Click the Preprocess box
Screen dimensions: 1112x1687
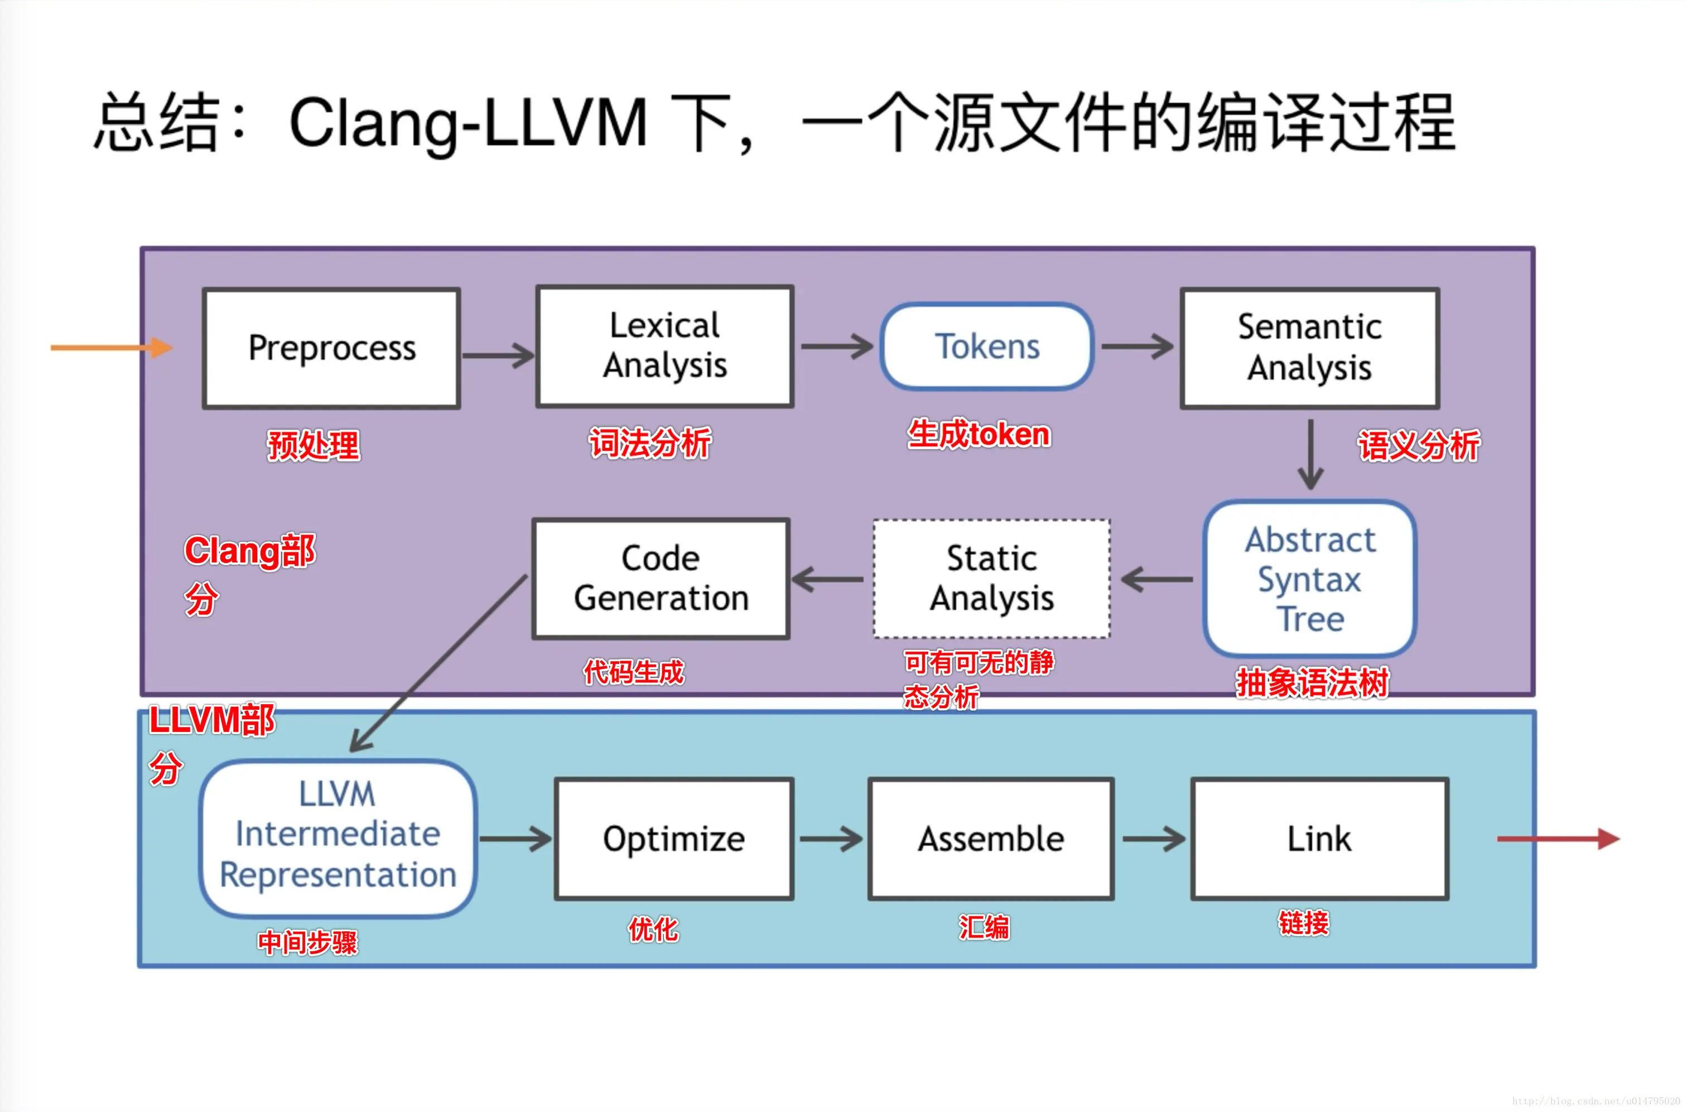331,348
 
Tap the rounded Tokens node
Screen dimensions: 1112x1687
986,347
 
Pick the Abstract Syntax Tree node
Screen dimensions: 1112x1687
1310,579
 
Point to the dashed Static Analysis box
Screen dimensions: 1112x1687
991,579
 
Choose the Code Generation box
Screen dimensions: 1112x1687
661,579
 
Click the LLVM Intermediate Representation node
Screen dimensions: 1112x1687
338,838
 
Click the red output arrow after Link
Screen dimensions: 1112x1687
1557,839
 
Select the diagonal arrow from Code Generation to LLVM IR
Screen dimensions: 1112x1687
440,662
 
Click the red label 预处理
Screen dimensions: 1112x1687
314,446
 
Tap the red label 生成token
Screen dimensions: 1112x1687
979,434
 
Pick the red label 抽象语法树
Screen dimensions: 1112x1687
1312,683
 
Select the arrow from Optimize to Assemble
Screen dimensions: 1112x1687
830,839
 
